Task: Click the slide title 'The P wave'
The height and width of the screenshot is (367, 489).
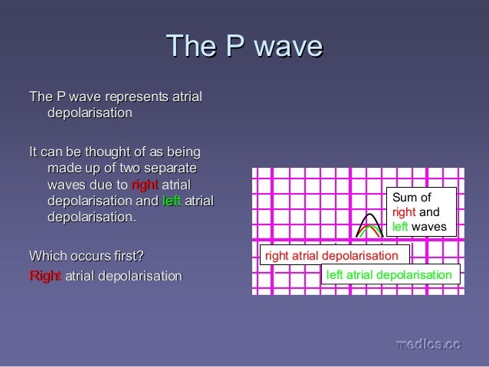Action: point(244,46)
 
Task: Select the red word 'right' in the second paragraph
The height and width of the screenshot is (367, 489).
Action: point(144,185)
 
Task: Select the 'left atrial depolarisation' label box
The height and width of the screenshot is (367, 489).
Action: point(389,274)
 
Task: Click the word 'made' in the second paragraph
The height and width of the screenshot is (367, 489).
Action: point(64,168)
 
